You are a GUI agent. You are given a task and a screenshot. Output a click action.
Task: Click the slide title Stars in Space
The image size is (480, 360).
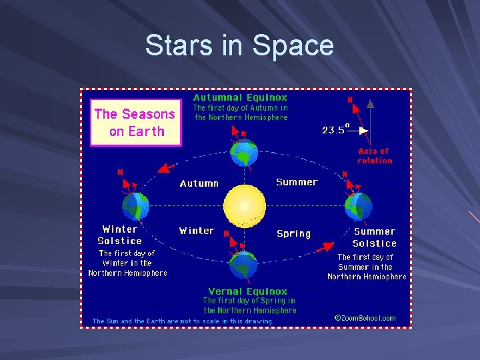(x=239, y=45)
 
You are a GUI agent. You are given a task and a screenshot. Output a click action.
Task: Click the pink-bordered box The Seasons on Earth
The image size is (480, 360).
(x=135, y=123)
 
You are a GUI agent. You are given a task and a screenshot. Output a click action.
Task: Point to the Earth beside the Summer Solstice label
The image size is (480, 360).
(x=358, y=205)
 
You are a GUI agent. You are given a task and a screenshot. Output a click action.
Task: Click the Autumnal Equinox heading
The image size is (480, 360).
(x=240, y=97)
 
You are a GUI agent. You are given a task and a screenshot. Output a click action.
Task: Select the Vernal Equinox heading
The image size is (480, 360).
(x=247, y=291)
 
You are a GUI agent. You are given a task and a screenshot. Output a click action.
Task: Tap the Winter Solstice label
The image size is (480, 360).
(x=120, y=235)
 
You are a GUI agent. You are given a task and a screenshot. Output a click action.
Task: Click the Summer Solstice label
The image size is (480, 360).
(x=374, y=237)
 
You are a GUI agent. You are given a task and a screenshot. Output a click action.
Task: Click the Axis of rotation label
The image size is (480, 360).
(x=375, y=156)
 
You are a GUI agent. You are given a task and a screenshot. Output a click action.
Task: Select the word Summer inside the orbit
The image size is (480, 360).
(x=297, y=182)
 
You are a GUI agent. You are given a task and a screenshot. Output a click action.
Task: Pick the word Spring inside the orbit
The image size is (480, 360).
(x=293, y=233)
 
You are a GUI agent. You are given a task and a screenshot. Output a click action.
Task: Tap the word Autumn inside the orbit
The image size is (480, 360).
(x=199, y=183)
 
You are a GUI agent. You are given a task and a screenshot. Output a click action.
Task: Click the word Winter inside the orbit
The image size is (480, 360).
(x=197, y=231)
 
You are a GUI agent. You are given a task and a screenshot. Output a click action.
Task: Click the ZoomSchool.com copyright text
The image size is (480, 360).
(x=365, y=318)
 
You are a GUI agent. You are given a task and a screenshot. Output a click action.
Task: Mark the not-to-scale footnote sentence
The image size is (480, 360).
(x=183, y=321)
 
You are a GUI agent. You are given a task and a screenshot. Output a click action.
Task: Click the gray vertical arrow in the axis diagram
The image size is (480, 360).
(x=371, y=120)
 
